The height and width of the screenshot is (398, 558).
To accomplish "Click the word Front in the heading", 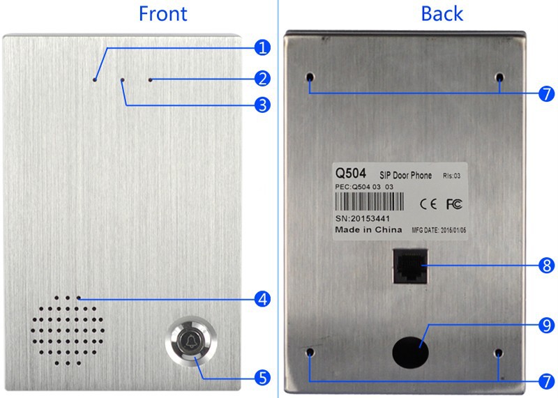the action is point(163,14).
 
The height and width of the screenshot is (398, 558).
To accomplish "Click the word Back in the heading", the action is point(442,14).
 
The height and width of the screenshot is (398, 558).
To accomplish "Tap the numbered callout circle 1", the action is point(262,47).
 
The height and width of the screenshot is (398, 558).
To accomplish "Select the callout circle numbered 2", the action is point(262,79).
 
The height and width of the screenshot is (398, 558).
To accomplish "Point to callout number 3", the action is point(262,105).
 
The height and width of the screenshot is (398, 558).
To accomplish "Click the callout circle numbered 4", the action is point(262,299).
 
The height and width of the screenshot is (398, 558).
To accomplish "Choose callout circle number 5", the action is point(262,378).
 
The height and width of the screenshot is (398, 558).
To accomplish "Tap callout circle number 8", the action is point(547,266).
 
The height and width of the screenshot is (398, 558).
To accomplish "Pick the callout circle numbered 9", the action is point(547,326).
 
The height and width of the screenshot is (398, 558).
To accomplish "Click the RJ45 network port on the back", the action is point(410,266).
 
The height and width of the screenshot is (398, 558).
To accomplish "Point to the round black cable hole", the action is point(410,353).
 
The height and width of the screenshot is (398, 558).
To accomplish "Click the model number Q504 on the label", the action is point(351,174).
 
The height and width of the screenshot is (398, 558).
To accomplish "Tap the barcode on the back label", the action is point(370,201).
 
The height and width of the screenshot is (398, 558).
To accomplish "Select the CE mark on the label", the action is point(428,204).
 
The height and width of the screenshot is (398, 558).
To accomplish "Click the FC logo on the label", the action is point(455,204).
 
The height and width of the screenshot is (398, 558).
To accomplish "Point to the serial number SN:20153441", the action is point(363,218).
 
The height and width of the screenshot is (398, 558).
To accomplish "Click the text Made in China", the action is point(368,230).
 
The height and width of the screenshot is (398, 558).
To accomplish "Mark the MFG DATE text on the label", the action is point(439,230).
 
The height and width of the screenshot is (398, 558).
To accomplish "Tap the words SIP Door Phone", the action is point(405,175).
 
